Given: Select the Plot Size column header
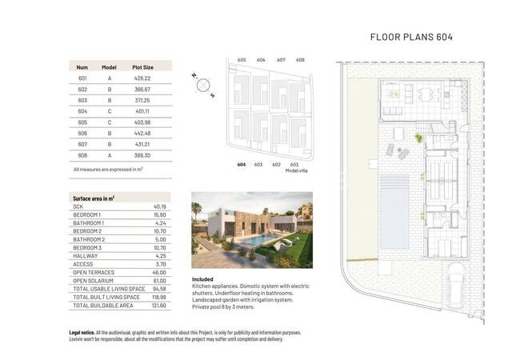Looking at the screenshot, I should coord(142,67).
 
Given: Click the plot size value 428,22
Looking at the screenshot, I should coord(142,80).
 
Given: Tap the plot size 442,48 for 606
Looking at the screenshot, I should coord(142,133).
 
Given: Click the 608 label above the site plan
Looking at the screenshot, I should coord(300,60).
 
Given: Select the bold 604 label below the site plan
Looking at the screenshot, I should coord(241,164).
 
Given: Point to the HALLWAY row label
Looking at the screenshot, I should coord(86,256).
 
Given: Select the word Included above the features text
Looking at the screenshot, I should coord(203,280).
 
